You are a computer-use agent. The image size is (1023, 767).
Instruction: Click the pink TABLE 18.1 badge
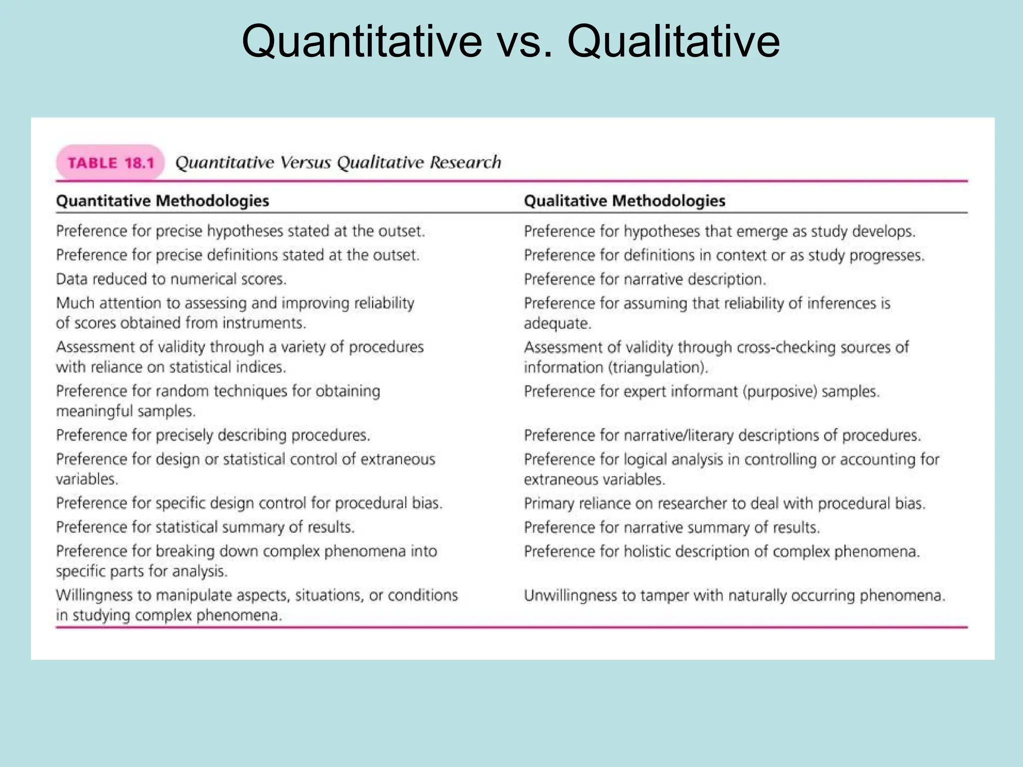point(110,163)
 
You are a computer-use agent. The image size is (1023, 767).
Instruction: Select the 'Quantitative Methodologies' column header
point(162,201)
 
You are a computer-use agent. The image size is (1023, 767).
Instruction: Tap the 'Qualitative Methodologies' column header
point(624,201)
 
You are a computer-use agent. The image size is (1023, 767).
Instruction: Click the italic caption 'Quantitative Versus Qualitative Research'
point(338,162)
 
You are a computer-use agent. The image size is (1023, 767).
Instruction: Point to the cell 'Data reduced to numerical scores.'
point(171,279)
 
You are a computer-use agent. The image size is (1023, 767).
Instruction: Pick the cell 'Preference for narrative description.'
point(644,279)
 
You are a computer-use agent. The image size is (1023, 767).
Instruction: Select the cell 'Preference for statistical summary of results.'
point(205,527)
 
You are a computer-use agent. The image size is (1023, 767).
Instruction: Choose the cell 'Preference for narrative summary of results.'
point(672,527)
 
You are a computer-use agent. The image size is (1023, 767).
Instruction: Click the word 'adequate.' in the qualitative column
point(557,324)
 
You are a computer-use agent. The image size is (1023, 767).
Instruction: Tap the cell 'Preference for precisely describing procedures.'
point(213,435)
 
